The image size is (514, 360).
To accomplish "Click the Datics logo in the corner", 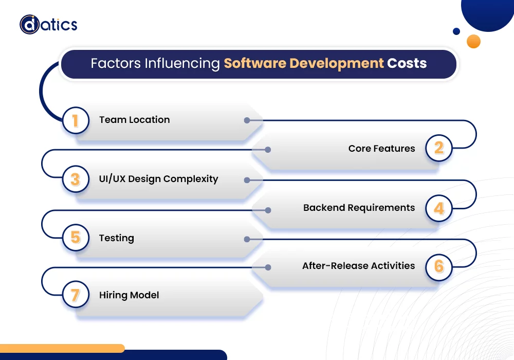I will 48,24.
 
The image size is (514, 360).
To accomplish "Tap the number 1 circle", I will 76,121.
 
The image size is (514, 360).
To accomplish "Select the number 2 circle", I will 438,149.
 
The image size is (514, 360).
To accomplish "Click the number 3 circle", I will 76,179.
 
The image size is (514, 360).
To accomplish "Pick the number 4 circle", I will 438,208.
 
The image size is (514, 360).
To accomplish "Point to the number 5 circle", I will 76,238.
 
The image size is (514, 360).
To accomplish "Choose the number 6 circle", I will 438,266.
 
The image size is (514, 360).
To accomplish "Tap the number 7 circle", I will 76,295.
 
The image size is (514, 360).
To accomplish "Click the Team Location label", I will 134,120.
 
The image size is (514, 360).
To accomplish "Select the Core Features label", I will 381,149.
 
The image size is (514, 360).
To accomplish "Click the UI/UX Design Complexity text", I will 158,179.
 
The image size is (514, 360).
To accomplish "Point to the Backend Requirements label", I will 359,208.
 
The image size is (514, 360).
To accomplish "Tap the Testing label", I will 116,238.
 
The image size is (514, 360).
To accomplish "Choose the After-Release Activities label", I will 358,266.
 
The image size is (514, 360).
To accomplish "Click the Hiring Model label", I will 129,295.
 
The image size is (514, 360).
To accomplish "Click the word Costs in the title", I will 407,64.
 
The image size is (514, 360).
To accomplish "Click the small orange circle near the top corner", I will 473,41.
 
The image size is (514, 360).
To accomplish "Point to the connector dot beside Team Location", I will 247,120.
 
